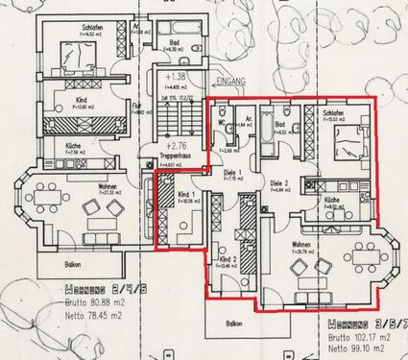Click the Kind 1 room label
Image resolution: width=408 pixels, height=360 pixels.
pyautogui.click(x=189, y=196)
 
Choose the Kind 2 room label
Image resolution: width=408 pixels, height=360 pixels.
pyautogui.click(x=228, y=259)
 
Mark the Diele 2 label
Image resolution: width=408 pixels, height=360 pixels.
pyautogui.click(x=279, y=182)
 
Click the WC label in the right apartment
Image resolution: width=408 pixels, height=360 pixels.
pyautogui.click(x=222, y=123)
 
